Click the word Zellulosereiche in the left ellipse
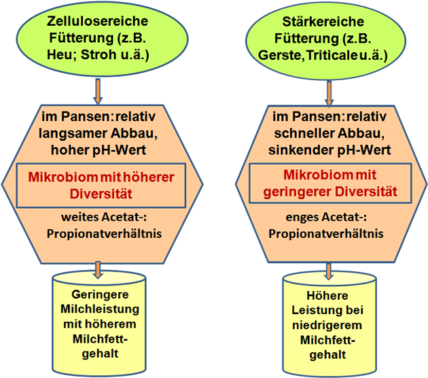coord(97,21)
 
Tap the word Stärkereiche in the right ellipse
coord(323,22)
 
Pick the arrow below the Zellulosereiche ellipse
coord(98,91)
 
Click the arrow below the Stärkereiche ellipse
coord(329,93)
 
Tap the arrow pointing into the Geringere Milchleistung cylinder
coord(98,270)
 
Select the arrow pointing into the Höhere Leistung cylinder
coord(329,271)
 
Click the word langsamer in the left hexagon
coord(73,133)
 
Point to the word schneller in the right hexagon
coord(304,133)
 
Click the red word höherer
coord(149,177)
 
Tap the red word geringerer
coord(297,192)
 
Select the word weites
coord(80,217)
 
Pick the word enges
coord(302,218)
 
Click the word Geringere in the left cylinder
coord(100,294)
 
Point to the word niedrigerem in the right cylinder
coord(327,325)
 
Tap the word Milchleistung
coord(100,309)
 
